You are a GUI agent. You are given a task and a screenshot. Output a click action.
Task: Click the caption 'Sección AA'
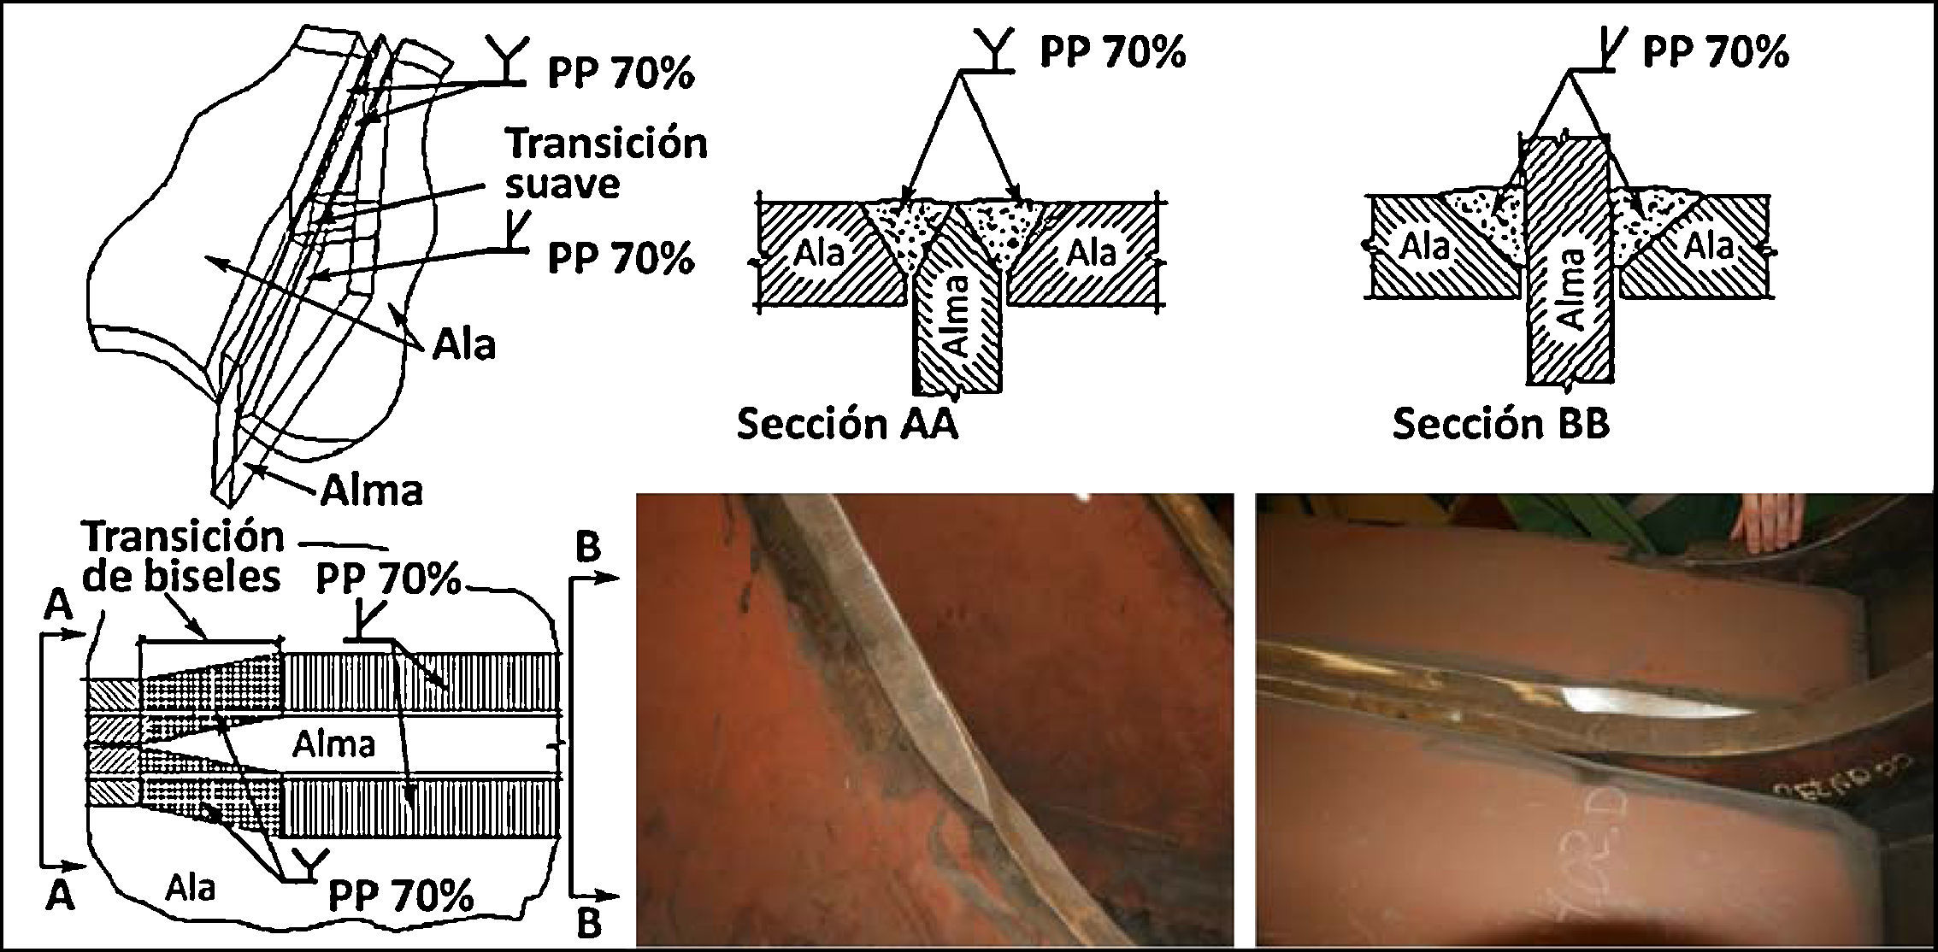coord(846,425)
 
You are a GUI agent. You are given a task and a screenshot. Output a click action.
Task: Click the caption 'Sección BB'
coord(1500,425)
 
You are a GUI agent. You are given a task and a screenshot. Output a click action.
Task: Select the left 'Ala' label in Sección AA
coord(819,253)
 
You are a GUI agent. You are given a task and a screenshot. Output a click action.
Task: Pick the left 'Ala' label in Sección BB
coord(1424,247)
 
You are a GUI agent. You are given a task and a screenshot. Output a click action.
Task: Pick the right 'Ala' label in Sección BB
coord(1709,247)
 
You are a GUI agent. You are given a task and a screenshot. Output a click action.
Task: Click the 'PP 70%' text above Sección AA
coord(1112,53)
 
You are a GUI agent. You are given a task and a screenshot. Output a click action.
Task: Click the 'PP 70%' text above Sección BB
coord(1715,53)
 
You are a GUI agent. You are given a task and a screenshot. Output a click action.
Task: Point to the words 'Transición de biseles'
coord(184,557)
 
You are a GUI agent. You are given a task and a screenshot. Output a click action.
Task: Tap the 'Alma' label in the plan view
coord(333,744)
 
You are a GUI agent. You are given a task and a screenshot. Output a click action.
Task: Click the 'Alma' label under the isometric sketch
coord(372,491)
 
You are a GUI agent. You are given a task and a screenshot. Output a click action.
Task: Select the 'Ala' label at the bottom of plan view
coord(190,888)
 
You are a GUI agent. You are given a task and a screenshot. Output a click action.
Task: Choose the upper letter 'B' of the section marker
coord(587,548)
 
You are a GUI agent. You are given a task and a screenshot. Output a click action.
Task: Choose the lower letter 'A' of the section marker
coord(59,896)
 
